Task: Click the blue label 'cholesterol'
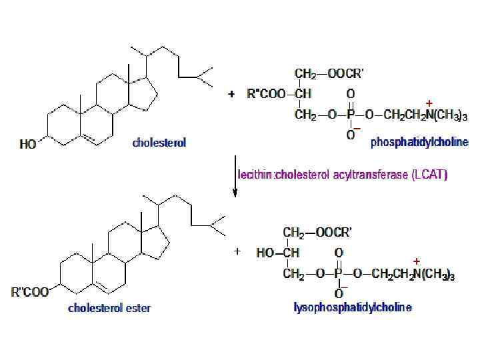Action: tap(159, 143)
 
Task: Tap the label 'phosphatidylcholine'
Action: tap(419, 143)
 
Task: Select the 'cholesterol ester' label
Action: tap(109, 308)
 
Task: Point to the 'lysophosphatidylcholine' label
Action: tap(353, 307)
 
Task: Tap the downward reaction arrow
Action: tap(235, 176)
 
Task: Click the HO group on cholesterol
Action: tap(28, 143)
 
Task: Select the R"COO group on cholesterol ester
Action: tap(31, 291)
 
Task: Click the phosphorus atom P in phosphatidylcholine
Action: tap(351, 115)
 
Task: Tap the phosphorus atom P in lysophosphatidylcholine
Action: tap(339, 274)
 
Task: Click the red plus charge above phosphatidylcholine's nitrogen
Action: tap(429, 103)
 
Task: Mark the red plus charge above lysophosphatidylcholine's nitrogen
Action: tap(417, 260)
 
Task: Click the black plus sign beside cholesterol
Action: tap(231, 94)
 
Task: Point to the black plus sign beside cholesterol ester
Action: tap(237, 252)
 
